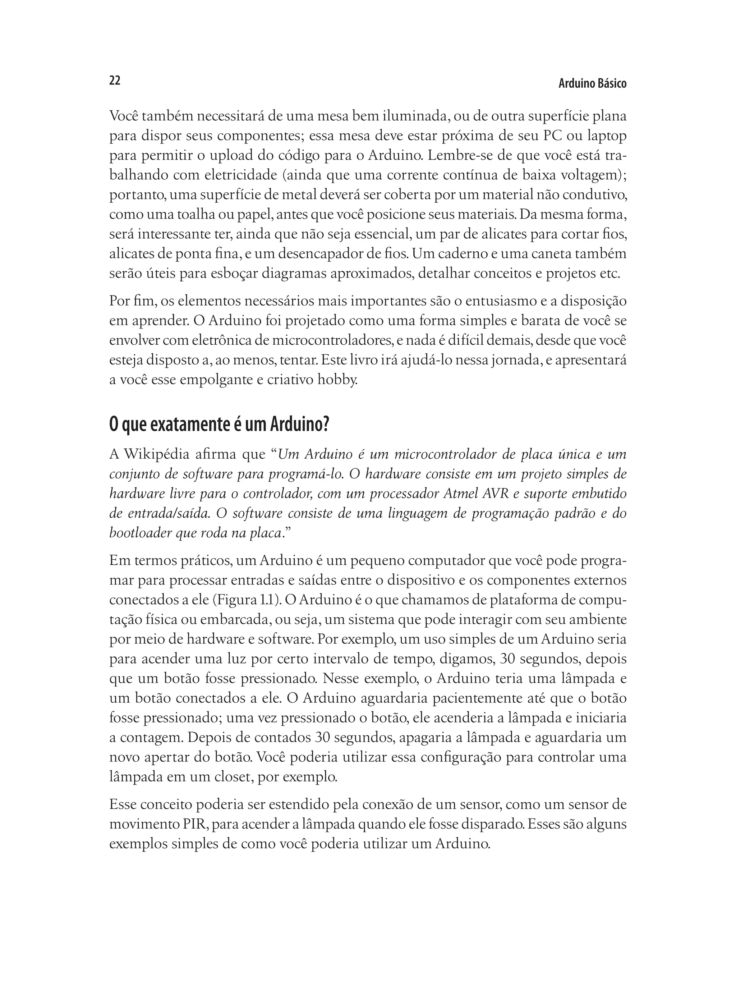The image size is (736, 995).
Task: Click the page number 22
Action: tap(115, 81)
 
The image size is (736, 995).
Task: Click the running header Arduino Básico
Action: tap(592, 84)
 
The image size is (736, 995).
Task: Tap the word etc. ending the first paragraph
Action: tap(610, 273)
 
